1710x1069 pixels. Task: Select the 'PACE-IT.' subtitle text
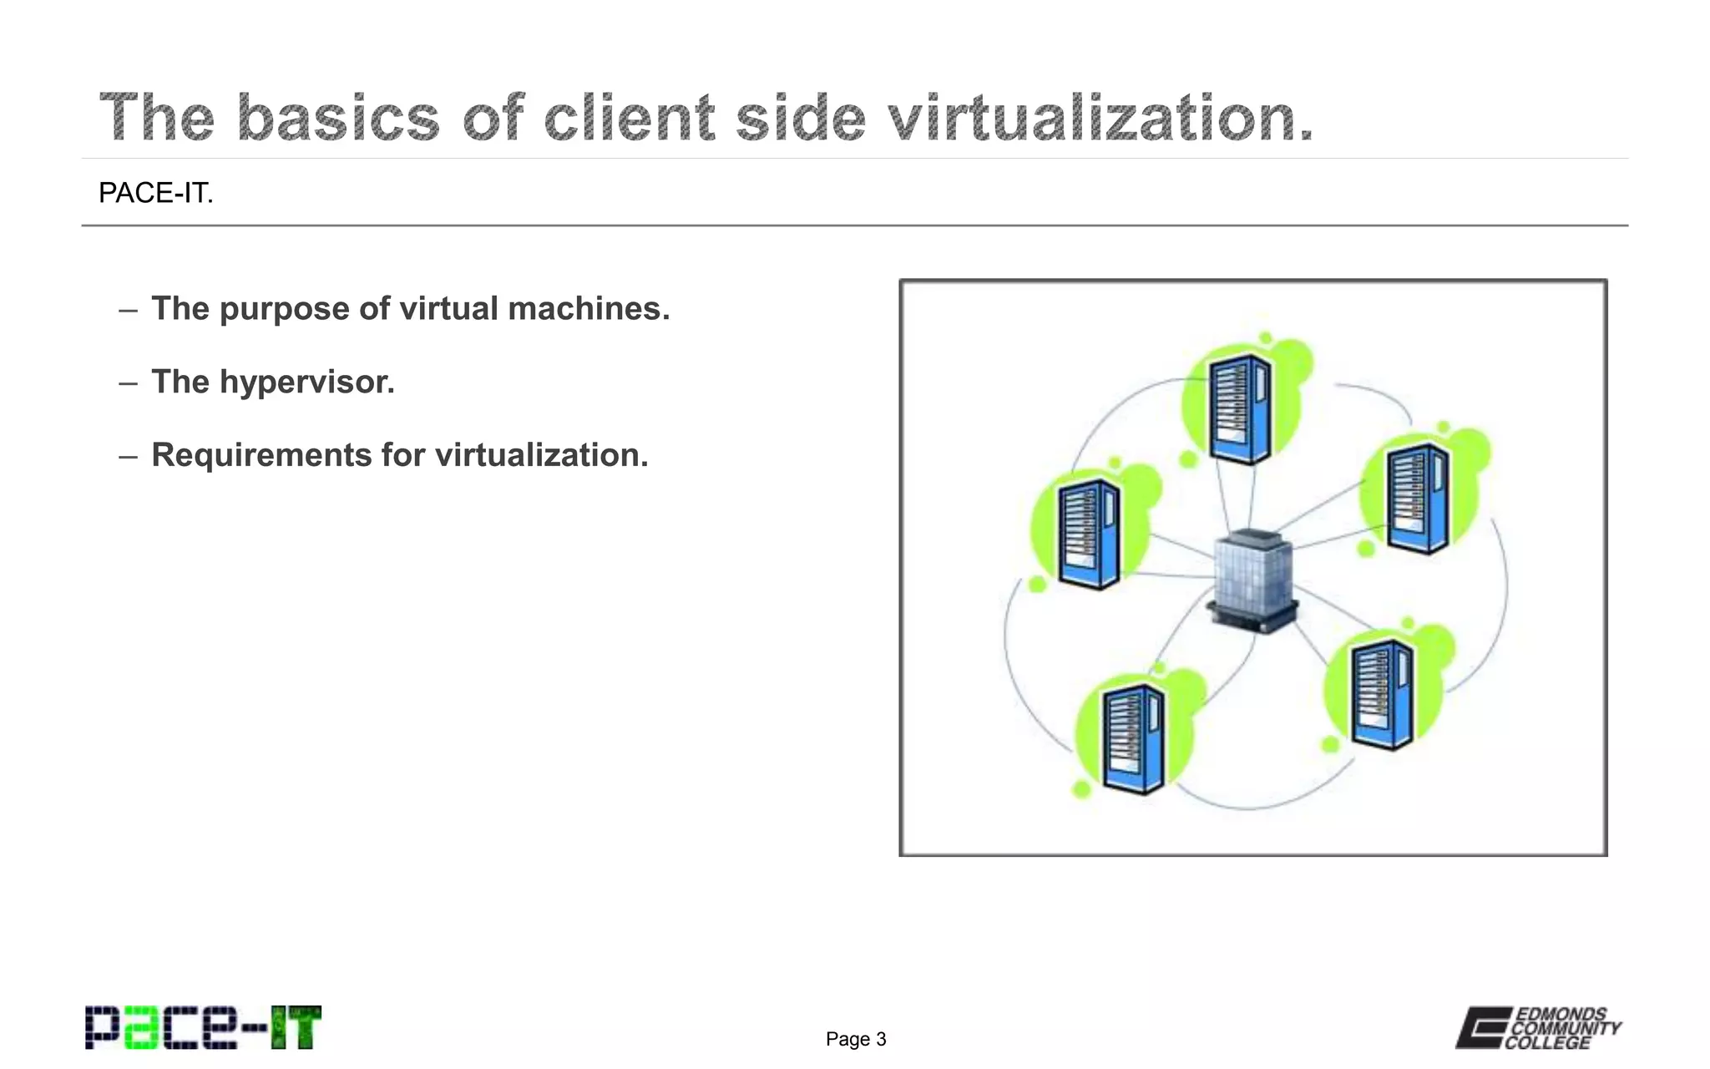point(156,193)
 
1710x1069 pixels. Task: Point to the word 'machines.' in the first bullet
point(589,309)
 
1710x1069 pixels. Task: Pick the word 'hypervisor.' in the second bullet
point(306,383)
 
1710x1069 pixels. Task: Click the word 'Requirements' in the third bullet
point(261,455)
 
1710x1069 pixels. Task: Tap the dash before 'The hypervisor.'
point(128,383)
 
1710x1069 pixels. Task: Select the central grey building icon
point(1252,580)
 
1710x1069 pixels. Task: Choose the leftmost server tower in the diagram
point(1088,534)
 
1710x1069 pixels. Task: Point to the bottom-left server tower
point(1133,738)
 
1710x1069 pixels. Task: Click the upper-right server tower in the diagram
point(1418,499)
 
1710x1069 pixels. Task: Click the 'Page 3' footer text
point(856,1039)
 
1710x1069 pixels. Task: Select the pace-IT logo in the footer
point(203,1027)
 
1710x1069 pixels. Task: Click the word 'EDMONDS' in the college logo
point(1561,1014)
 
